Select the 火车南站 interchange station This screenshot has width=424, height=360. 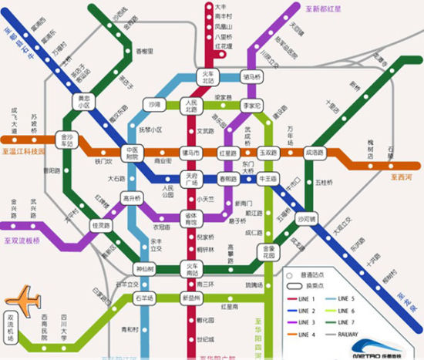190,269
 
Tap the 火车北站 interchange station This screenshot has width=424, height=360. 210,76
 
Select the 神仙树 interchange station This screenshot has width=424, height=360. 146,269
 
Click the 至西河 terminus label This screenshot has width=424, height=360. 402,177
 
